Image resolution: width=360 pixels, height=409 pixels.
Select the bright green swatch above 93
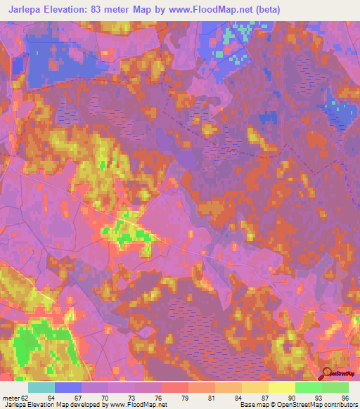[308, 387]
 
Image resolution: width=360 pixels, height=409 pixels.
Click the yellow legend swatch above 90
[281, 387]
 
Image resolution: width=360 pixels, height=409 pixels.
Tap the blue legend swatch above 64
[67, 387]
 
